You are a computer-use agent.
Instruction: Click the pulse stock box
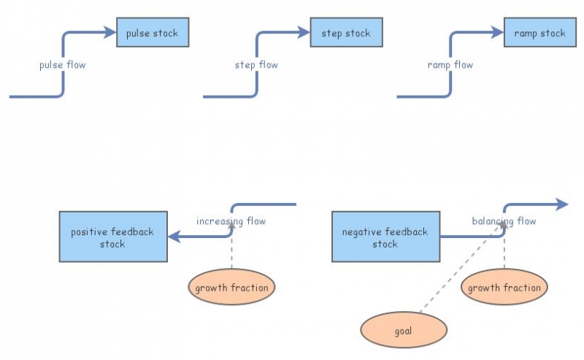tap(152, 34)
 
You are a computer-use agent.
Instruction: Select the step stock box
tap(346, 34)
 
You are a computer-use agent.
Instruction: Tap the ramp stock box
tap(539, 34)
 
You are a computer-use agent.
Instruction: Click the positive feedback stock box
tap(112, 237)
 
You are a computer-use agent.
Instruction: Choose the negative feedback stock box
tap(385, 237)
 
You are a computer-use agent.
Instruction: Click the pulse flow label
tap(62, 65)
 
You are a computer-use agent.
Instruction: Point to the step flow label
tap(256, 65)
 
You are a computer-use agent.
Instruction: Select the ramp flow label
tap(450, 65)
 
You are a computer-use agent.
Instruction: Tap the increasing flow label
tap(231, 221)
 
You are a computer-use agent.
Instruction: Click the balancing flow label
tap(504, 221)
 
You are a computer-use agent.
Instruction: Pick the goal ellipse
tap(403, 331)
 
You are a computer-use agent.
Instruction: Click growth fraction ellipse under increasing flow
tap(231, 288)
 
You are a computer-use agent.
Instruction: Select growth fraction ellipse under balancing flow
tap(504, 288)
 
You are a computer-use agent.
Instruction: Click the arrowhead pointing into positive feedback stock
tap(173, 237)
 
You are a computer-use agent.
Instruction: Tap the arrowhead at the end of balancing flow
tap(562, 204)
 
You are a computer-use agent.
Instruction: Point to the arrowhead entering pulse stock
tap(112, 33)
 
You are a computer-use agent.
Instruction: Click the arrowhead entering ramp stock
tap(499, 33)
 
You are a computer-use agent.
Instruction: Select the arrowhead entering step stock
tap(306, 33)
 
